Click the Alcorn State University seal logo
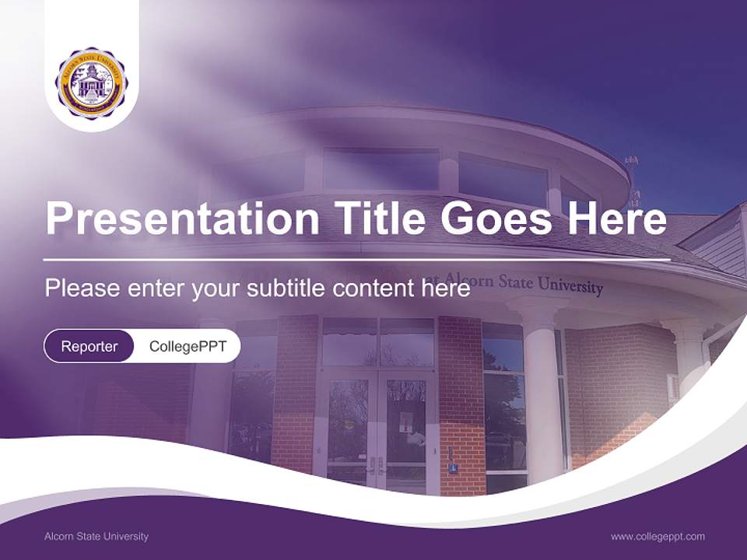(92, 83)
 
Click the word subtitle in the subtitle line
(287, 288)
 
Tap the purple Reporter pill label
(89, 346)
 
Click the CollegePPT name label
(188, 346)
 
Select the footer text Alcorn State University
(96, 536)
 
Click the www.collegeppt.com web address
(658, 536)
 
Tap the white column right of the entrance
(542, 389)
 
